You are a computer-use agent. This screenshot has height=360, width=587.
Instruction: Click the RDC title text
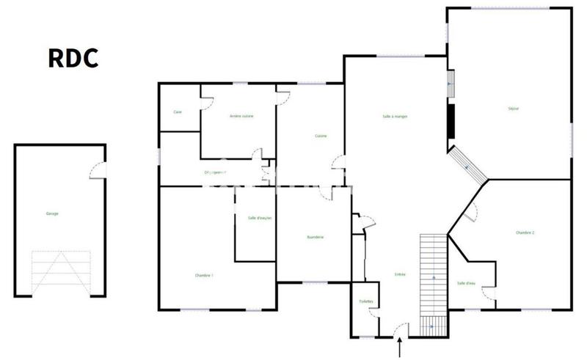[x=73, y=58]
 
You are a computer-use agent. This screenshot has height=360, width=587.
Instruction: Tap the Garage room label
[x=52, y=213]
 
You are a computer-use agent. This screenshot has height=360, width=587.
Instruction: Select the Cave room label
[x=178, y=112]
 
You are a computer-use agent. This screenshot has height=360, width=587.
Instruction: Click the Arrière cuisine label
[x=241, y=116]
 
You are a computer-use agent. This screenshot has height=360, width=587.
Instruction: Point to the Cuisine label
[x=321, y=136]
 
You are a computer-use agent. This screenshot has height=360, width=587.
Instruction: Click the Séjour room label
[x=514, y=109]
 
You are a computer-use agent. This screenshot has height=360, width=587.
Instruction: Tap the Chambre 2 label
[x=525, y=232]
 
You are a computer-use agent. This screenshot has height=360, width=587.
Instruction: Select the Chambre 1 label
[x=204, y=275]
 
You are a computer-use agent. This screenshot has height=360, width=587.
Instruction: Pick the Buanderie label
[x=316, y=237]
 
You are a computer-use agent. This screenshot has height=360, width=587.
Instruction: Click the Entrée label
[x=400, y=274]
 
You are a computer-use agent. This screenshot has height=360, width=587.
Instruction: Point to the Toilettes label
[x=365, y=301]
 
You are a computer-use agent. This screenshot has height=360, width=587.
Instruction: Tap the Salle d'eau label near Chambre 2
[x=466, y=283]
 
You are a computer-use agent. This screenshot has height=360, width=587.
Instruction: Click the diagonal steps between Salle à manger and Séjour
[x=468, y=166]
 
